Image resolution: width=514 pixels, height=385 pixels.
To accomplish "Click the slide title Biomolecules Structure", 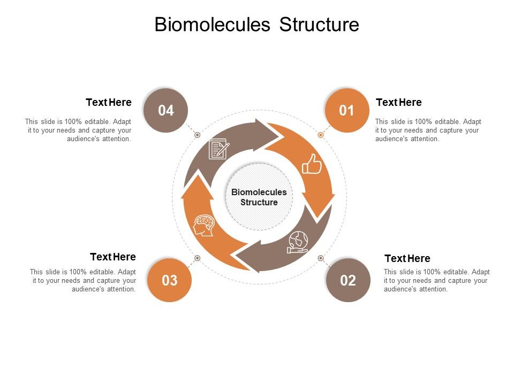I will [x=256, y=25].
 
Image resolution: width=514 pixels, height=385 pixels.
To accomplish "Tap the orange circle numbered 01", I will [x=347, y=110].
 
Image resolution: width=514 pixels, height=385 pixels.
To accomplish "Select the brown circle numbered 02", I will [x=348, y=280].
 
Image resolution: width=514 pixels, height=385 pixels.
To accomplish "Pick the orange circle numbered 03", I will [x=169, y=280].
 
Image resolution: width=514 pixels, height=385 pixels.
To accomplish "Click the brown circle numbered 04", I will [x=166, y=110].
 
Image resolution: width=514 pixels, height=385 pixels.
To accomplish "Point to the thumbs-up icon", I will [x=312, y=164].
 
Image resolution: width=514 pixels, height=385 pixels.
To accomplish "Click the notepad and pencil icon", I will [x=218, y=149].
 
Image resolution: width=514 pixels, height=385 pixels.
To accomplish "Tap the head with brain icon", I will [x=204, y=225].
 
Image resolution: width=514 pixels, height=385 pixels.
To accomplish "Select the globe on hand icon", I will [x=298, y=242].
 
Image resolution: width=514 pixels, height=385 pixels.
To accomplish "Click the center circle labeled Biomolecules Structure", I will [x=259, y=197].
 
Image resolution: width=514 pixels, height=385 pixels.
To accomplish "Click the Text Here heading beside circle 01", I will [x=398, y=102].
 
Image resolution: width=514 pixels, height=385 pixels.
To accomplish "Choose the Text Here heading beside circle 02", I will [x=407, y=258].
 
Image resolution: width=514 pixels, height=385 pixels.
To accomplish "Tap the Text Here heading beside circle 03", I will [x=113, y=257].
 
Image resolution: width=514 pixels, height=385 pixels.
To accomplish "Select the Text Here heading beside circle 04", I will [x=109, y=102].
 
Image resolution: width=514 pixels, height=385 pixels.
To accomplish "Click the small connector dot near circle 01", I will [x=321, y=135].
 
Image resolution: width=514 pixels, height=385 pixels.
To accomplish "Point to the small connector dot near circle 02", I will [x=321, y=258].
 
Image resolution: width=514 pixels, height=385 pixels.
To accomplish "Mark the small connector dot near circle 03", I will [x=197, y=258].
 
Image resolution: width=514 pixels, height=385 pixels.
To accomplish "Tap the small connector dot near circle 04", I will [x=197, y=135].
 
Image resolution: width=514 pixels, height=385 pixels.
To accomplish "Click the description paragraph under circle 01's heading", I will [x=428, y=130].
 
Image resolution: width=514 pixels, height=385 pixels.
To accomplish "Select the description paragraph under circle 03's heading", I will [x=83, y=280].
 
